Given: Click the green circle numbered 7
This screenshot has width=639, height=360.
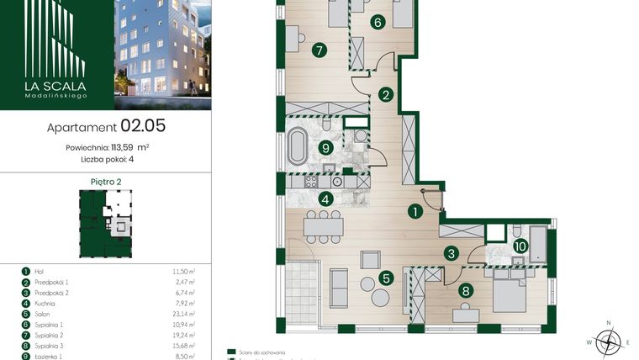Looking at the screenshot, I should click(319, 50).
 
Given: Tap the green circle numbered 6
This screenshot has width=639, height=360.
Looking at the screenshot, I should click(378, 23).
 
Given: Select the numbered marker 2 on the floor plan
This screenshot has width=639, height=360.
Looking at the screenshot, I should click(385, 95).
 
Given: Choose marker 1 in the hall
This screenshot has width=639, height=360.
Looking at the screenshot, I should click(415, 213).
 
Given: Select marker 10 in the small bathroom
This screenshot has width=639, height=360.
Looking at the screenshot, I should click(520, 246).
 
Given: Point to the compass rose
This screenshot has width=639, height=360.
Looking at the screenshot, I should click(611, 340).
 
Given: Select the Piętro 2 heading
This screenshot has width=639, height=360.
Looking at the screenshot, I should click(105, 181).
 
